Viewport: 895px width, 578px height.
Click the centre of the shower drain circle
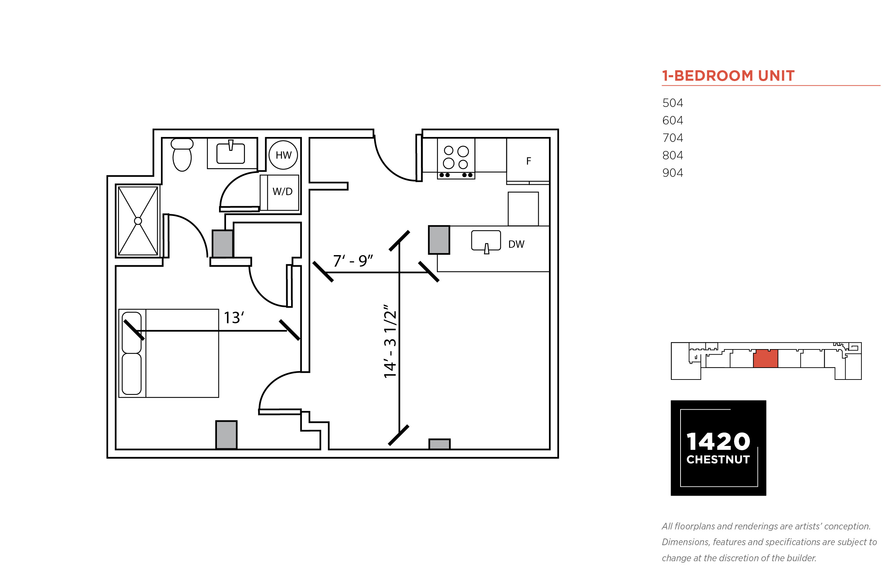(x=138, y=221)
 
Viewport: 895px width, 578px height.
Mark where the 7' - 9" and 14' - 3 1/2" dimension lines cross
(x=399, y=273)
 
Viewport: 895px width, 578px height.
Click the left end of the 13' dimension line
(x=134, y=331)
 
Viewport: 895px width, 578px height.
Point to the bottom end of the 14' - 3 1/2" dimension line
(x=399, y=435)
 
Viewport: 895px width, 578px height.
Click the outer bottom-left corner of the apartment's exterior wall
(x=107, y=458)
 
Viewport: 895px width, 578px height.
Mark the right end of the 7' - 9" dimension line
(x=429, y=273)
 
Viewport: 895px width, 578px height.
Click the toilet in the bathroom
(x=182, y=154)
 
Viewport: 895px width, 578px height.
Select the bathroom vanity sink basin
(x=231, y=153)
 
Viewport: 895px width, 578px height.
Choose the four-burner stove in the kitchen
(x=456, y=159)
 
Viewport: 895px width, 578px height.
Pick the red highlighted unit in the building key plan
(x=766, y=359)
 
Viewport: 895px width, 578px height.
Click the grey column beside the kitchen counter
(x=439, y=240)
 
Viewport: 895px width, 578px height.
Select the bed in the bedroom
(x=169, y=353)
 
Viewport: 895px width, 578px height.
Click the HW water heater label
(x=283, y=155)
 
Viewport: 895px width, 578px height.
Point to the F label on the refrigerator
(x=528, y=161)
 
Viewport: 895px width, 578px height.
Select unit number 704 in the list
(x=672, y=138)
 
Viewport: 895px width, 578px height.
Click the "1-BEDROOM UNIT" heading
(x=728, y=75)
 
